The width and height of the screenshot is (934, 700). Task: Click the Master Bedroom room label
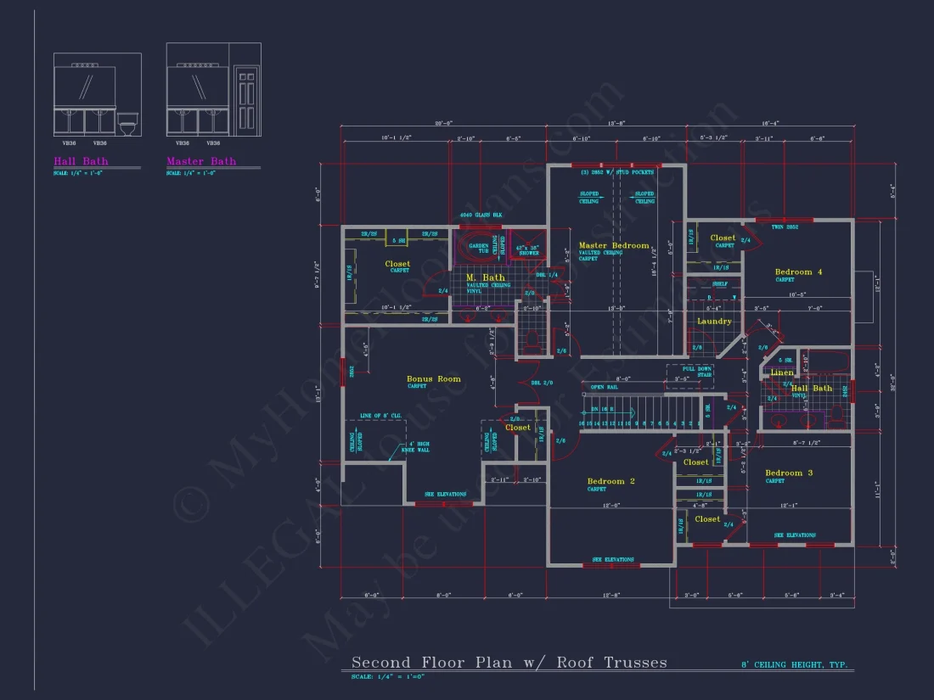[x=613, y=246]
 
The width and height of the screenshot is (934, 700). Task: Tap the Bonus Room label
[x=433, y=379]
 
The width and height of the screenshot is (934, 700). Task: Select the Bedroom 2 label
[x=610, y=481]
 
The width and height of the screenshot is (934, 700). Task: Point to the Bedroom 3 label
[x=789, y=473]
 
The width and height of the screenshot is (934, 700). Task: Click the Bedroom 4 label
[x=798, y=272]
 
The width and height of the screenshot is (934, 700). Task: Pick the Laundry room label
[x=714, y=322]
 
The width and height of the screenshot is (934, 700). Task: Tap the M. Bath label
[x=485, y=277]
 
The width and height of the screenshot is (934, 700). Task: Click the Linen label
[x=782, y=372]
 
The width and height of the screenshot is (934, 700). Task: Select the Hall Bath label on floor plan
[x=812, y=389]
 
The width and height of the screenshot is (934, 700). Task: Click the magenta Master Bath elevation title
[x=201, y=161]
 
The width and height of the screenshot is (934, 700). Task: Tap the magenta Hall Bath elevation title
[x=81, y=161]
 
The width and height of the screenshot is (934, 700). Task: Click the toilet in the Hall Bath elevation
[x=127, y=125]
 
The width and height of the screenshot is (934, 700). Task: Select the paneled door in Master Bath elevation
[x=246, y=100]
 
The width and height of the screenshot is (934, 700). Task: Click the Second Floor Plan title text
[x=509, y=663]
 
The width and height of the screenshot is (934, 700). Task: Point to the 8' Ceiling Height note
[x=797, y=666]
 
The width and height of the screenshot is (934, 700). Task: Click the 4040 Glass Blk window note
[x=481, y=216]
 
